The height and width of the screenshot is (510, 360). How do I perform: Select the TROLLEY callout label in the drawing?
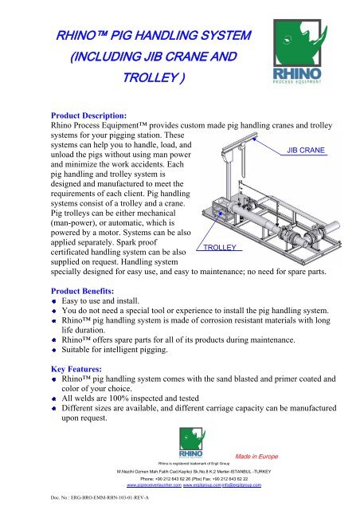pos(217,248)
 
